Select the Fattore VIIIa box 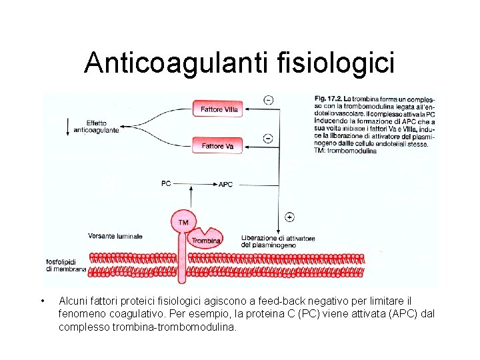tap(218, 109)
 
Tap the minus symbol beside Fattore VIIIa tap(268, 101)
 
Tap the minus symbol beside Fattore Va tap(268, 138)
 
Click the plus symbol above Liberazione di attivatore tap(289, 217)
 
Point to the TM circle tap(184, 222)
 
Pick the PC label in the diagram tap(166, 183)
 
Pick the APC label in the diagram tap(225, 184)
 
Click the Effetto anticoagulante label tap(97, 127)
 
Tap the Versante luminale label tap(115, 236)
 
